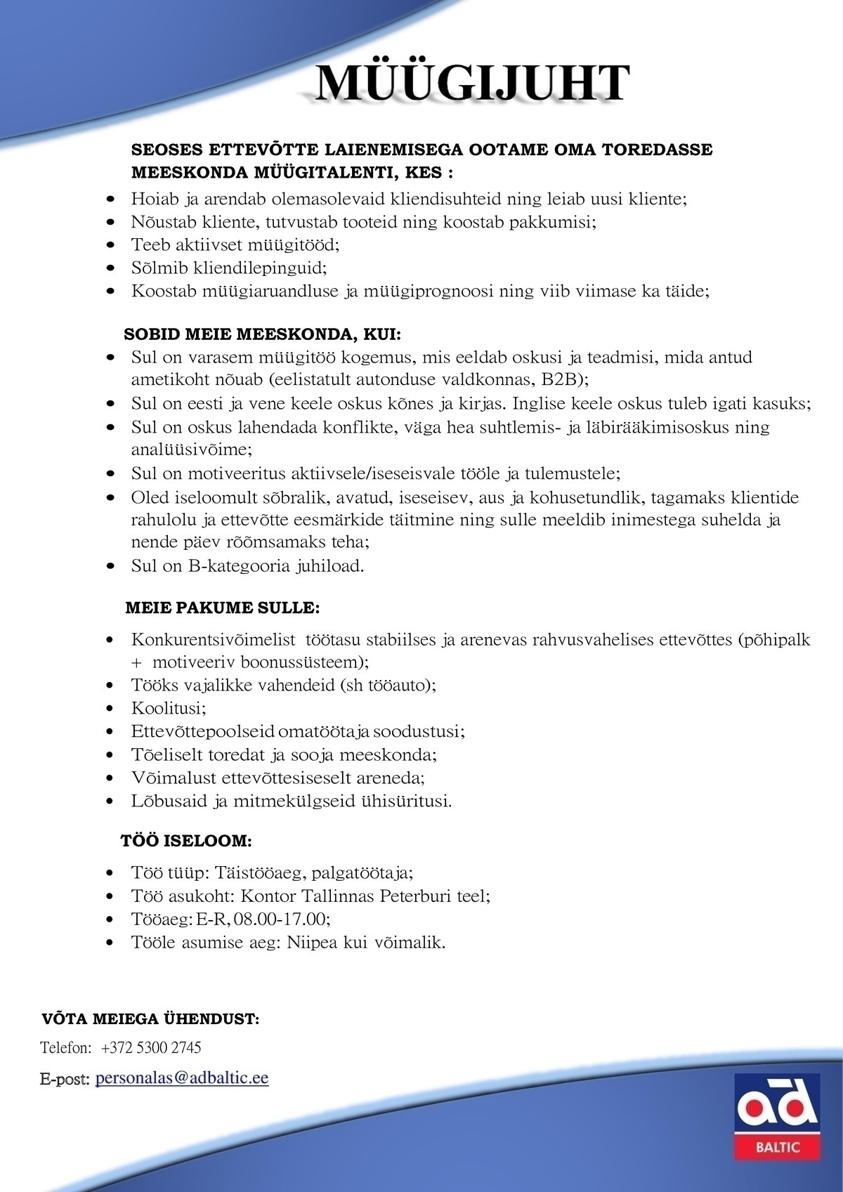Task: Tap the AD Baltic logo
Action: [x=777, y=1116]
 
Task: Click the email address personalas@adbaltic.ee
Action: [x=182, y=1078]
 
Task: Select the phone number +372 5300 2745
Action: [x=151, y=1048]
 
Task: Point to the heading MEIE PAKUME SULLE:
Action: [x=222, y=607]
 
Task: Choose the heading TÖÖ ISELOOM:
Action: [x=186, y=841]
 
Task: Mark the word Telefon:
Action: [x=66, y=1048]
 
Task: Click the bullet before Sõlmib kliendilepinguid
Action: [x=110, y=268]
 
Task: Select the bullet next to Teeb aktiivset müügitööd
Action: [x=110, y=245]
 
